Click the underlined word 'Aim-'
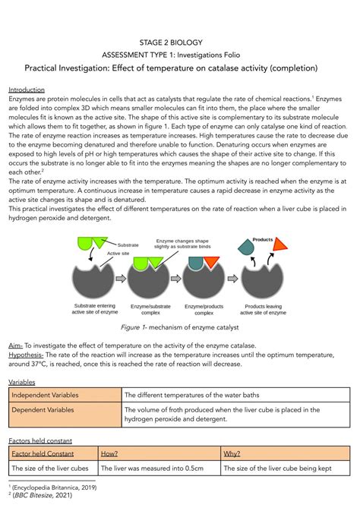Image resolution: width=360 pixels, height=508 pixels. tap(16, 345)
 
